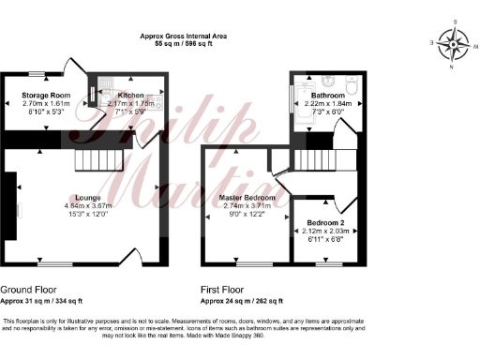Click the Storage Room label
47,95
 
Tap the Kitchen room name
129,95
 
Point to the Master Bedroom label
247,198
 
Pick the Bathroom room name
328,94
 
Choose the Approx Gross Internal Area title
185,35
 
